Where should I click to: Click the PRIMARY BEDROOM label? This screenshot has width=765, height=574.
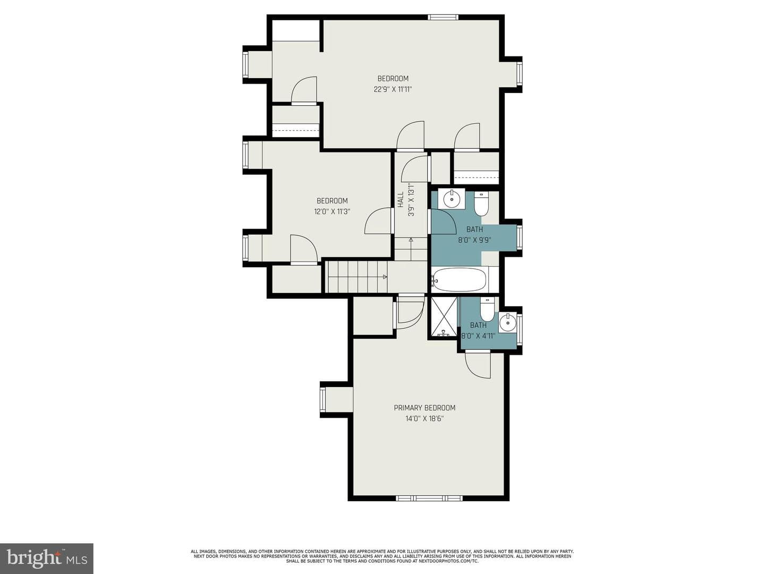pos(424,408)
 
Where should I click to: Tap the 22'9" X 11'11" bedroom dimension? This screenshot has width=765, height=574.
pos(393,89)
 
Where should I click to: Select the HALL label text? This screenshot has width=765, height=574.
pos(401,200)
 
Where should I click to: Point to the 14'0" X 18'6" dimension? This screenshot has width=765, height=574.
pos(424,419)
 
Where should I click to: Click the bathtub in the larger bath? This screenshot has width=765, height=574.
pos(460,280)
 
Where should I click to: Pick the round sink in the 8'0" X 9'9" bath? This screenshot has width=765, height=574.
pos(452,199)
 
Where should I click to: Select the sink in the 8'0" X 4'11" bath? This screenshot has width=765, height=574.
pos(507,323)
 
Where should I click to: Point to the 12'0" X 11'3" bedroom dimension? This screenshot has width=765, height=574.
pos(332,212)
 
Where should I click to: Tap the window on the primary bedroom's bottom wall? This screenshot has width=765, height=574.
pos(429,498)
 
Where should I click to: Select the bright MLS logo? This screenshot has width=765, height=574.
pos(46,559)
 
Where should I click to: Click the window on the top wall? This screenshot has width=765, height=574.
pos(443,17)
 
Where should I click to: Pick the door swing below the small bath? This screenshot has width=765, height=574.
pos(478,365)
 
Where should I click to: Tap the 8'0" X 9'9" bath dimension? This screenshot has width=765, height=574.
pos(475,240)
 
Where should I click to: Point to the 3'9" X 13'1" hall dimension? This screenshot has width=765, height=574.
pos(412,200)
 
